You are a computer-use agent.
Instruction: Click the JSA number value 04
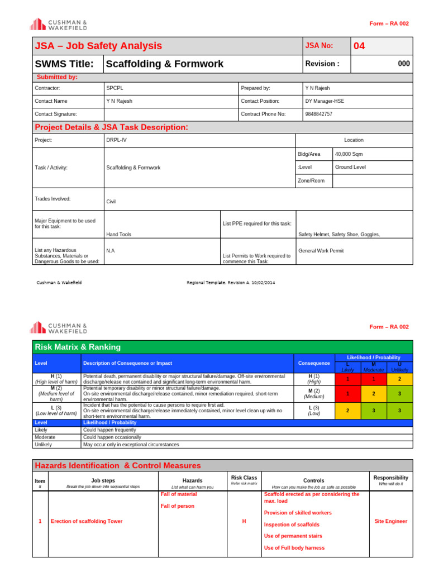point(359,46)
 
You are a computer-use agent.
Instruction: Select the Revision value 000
point(403,64)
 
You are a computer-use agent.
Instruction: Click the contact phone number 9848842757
point(318,114)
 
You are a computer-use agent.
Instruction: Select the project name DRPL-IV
point(116,140)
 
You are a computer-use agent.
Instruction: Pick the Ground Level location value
point(350,167)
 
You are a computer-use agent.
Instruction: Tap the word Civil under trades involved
point(111,202)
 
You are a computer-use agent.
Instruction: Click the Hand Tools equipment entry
point(118,235)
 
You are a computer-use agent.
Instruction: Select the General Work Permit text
point(321,251)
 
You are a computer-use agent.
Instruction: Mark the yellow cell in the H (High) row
point(399,379)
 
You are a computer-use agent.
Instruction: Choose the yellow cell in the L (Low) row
point(347,410)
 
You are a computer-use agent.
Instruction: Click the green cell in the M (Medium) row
point(399,394)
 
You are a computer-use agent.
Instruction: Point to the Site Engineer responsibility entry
point(390,521)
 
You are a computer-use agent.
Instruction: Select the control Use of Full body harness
point(294,548)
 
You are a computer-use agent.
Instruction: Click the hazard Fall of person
point(178,506)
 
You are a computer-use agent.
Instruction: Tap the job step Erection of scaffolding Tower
point(87,521)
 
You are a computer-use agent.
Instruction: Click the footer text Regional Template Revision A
point(231,283)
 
